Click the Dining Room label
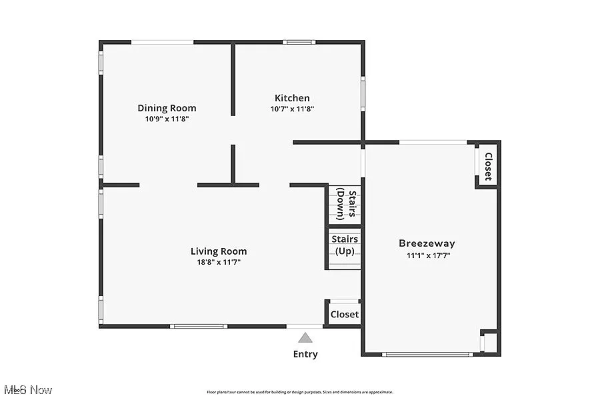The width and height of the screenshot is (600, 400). pyautogui.click(x=167, y=108)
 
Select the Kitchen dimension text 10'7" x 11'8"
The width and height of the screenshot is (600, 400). pyautogui.click(x=292, y=109)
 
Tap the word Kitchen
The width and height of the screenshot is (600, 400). pyautogui.click(x=292, y=98)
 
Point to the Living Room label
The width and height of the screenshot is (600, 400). pyautogui.click(x=219, y=251)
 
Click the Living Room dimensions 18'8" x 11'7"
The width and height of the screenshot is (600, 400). pyautogui.click(x=219, y=262)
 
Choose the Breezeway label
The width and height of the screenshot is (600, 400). pyautogui.click(x=427, y=243)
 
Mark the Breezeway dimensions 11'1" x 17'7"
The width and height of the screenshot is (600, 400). pyautogui.click(x=427, y=255)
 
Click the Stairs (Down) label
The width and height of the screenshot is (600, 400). pyautogui.click(x=345, y=204)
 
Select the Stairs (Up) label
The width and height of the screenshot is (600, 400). pyautogui.click(x=345, y=245)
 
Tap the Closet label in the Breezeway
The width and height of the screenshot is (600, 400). pyautogui.click(x=488, y=167)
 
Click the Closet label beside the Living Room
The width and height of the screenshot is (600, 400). pyautogui.click(x=345, y=314)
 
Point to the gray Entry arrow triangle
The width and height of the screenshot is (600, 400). pyautogui.click(x=305, y=337)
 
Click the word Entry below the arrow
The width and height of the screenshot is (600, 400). pyautogui.click(x=305, y=354)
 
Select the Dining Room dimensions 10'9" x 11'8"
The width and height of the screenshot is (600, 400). pyautogui.click(x=167, y=119)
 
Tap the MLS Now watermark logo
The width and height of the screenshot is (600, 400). pyautogui.click(x=27, y=389)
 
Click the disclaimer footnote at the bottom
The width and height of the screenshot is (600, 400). pyautogui.click(x=300, y=392)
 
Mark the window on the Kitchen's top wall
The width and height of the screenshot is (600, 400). pyautogui.click(x=299, y=42)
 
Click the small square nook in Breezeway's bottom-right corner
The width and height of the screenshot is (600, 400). pyautogui.click(x=489, y=341)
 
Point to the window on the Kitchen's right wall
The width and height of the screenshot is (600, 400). pyautogui.click(x=363, y=92)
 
